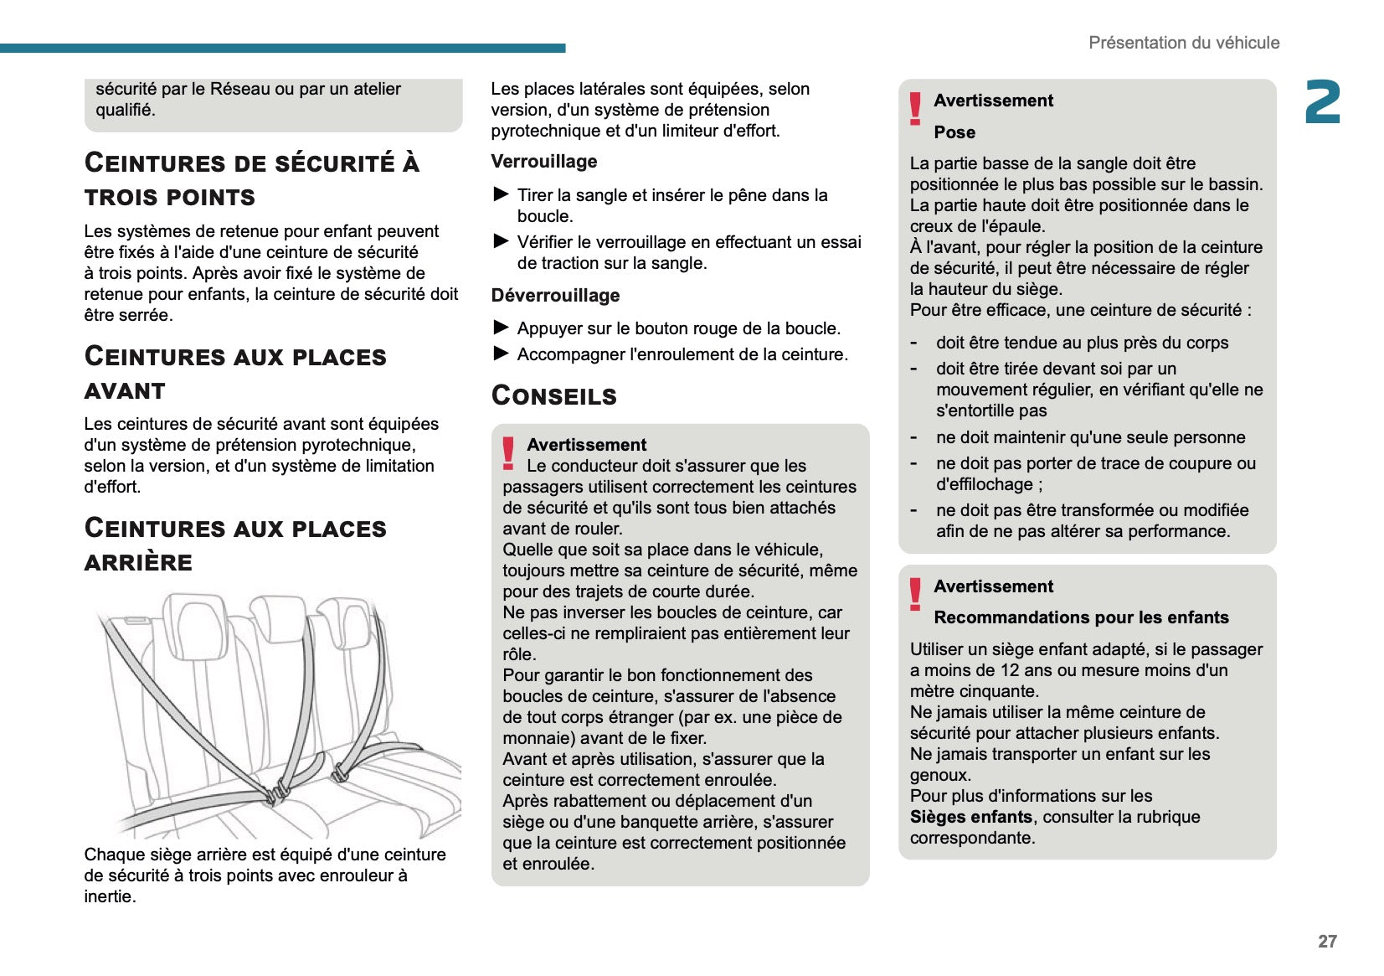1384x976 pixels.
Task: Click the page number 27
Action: pos(1327,941)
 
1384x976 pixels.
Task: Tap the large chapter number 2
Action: pos(1323,103)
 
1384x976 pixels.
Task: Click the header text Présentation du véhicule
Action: pos(1183,43)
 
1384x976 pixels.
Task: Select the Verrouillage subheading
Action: pos(544,162)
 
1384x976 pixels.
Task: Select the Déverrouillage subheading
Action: pos(555,296)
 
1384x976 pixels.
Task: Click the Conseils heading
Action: pos(554,395)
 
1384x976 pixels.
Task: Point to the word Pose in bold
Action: pos(954,132)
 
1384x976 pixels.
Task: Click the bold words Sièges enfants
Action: pos(970,817)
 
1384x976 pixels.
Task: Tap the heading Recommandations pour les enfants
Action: pos(1081,617)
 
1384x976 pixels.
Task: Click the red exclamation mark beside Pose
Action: pos(915,109)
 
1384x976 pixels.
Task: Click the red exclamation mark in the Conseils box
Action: pos(508,452)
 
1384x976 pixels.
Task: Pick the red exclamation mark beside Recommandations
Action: pos(915,594)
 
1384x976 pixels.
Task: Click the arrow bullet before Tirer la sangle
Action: pos(502,194)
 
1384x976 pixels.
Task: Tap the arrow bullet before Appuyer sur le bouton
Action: pos(502,328)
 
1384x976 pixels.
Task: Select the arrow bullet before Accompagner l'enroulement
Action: pos(502,354)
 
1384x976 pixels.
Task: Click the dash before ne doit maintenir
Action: pos(914,437)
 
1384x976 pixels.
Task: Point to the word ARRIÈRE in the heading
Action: pos(138,563)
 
